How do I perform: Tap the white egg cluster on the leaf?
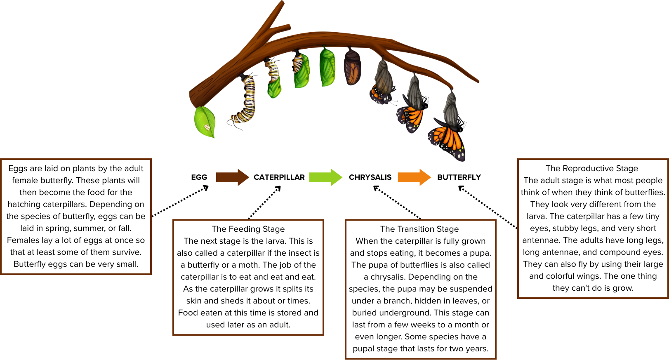207,126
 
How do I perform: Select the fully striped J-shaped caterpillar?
245,101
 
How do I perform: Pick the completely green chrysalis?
328,68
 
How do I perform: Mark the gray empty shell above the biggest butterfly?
451,107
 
